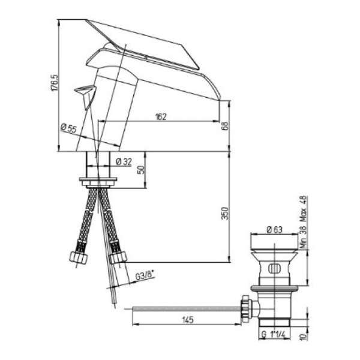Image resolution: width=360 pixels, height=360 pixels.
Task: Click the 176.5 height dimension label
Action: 55,83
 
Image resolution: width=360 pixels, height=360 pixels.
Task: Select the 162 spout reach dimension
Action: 161,116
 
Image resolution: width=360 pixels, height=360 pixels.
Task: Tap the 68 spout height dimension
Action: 225,126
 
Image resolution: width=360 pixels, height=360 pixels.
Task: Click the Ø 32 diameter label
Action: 124,162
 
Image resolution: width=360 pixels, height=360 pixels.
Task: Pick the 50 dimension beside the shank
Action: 142,170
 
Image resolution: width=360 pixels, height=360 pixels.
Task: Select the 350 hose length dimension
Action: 226,213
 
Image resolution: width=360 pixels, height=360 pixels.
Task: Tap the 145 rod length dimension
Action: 188,320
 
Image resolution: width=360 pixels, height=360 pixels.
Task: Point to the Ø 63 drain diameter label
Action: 275,230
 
